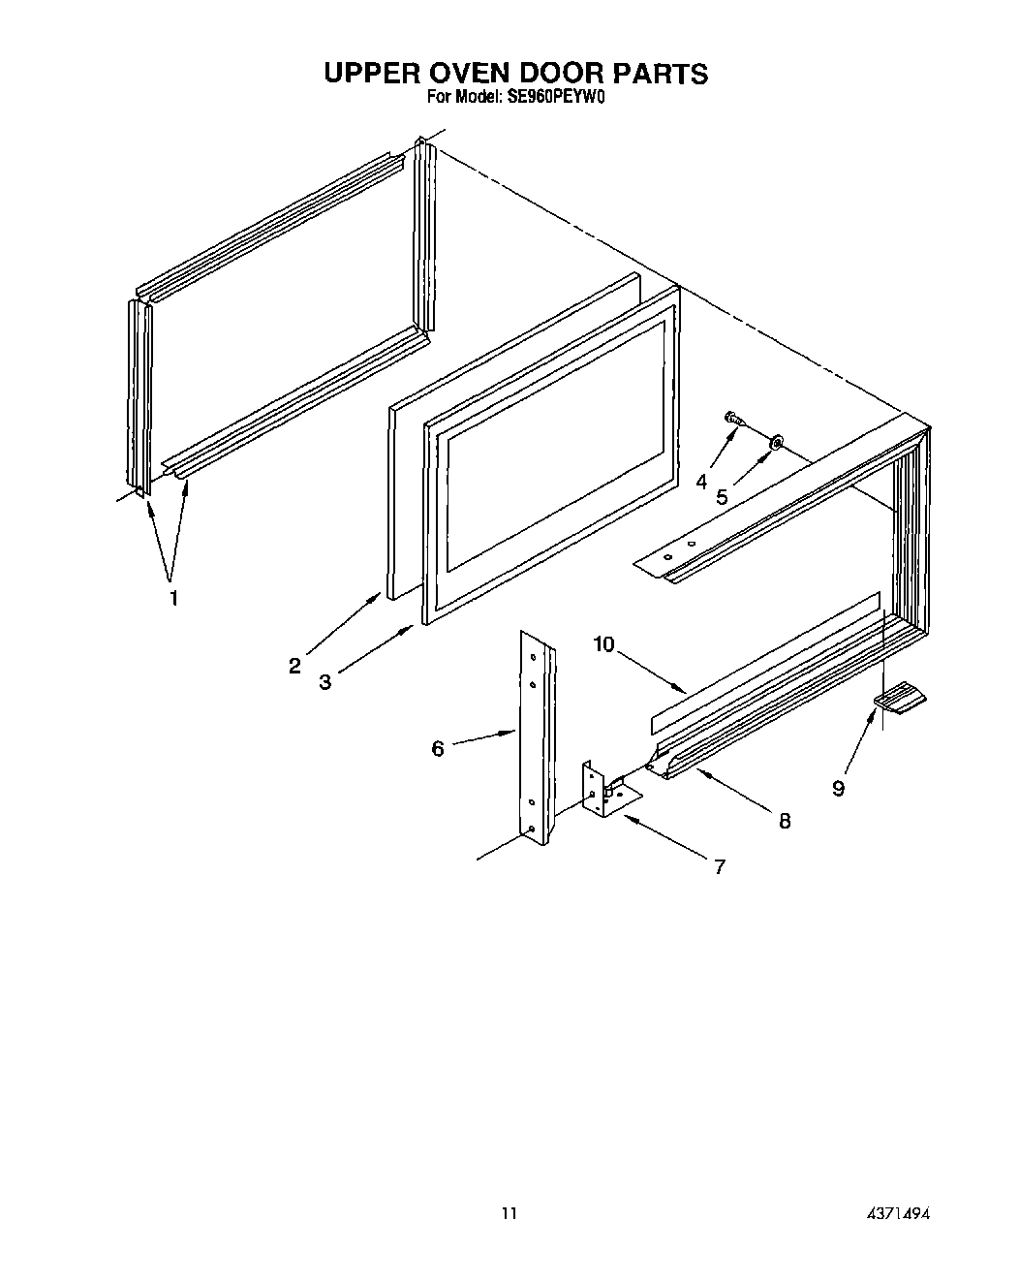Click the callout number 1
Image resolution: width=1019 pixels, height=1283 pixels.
(173, 598)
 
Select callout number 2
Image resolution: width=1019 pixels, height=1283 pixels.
(294, 666)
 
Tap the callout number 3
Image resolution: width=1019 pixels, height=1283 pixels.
(325, 682)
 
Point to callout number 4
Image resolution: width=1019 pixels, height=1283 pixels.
(701, 482)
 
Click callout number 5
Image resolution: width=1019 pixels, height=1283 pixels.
(722, 497)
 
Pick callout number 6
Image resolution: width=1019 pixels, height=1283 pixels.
(438, 749)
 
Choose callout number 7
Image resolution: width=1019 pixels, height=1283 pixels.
(719, 867)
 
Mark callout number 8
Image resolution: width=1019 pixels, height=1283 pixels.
(785, 821)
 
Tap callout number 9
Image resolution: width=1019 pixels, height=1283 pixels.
(838, 789)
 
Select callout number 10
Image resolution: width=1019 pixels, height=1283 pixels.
(604, 644)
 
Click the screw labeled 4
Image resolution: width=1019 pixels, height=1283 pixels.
(734, 420)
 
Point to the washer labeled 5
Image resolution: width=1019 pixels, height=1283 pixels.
(776, 444)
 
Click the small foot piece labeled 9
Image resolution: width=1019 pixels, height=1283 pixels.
(900, 697)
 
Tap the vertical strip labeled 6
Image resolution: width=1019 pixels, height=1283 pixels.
(536, 736)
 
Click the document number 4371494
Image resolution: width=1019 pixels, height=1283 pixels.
(898, 1212)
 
